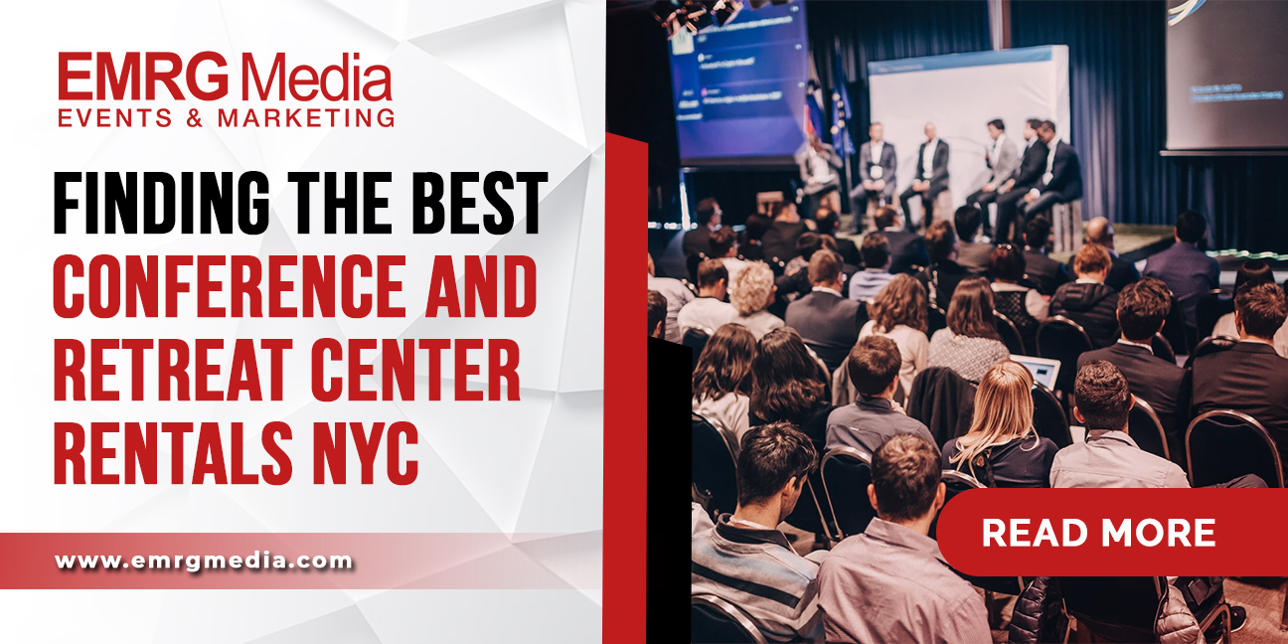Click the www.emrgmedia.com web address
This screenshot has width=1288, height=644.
tap(204, 561)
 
